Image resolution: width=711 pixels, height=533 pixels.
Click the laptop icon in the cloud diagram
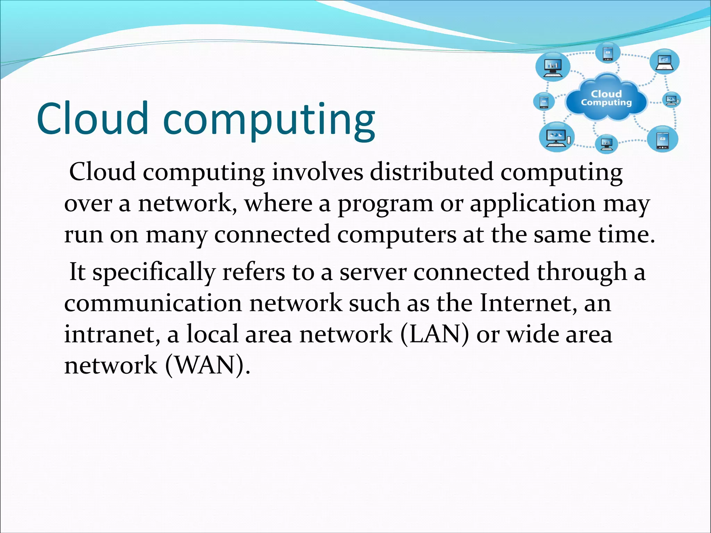point(664,63)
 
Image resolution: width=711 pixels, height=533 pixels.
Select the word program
point(385,204)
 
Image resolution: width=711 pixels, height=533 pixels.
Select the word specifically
point(154,273)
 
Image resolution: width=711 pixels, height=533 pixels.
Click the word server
point(373,273)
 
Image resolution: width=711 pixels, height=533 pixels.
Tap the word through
point(582,273)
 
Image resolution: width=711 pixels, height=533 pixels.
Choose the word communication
point(153,303)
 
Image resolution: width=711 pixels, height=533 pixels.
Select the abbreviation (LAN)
point(434,334)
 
